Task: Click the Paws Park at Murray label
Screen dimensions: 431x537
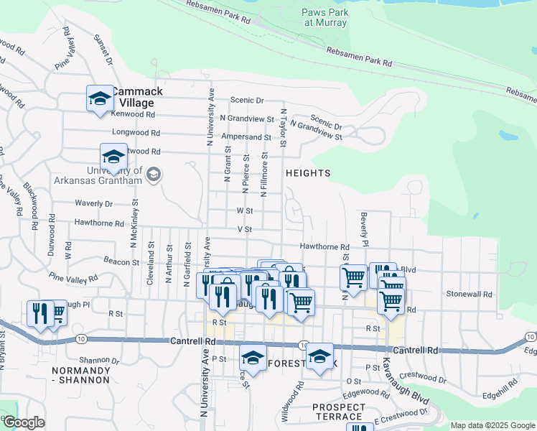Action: tap(324, 17)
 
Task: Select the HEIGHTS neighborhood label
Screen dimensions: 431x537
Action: tap(308, 173)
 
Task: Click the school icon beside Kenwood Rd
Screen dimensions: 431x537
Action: tap(100, 98)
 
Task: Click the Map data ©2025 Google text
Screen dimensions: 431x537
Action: tap(492, 425)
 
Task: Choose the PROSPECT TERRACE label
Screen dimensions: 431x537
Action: tap(337, 412)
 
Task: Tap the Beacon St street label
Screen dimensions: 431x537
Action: tap(121, 262)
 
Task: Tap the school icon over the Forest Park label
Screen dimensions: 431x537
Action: tap(319, 356)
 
